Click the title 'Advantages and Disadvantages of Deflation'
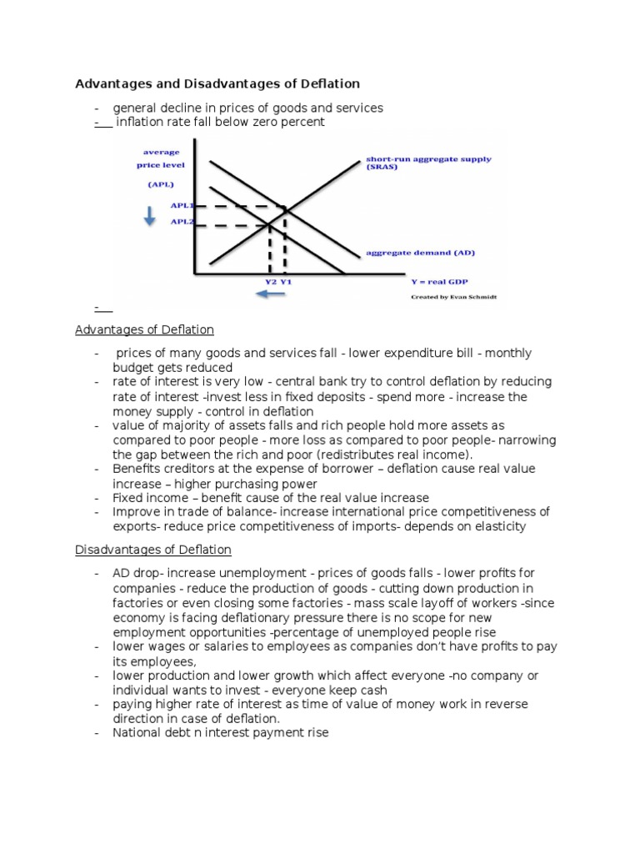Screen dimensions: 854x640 click(x=217, y=83)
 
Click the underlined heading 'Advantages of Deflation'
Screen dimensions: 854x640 click(x=144, y=329)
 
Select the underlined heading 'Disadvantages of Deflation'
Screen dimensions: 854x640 click(x=153, y=550)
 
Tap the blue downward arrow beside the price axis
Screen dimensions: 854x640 click(x=149, y=216)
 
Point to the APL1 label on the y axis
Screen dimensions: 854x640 click(x=181, y=205)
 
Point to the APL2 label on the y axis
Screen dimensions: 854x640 click(x=181, y=222)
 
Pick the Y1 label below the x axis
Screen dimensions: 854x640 click(x=285, y=281)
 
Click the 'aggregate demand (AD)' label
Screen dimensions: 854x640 click(x=420, y=253)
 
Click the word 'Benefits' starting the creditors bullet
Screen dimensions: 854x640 click(x=137, y=470)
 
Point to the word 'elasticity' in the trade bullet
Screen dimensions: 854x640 click(x=497, y=526)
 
